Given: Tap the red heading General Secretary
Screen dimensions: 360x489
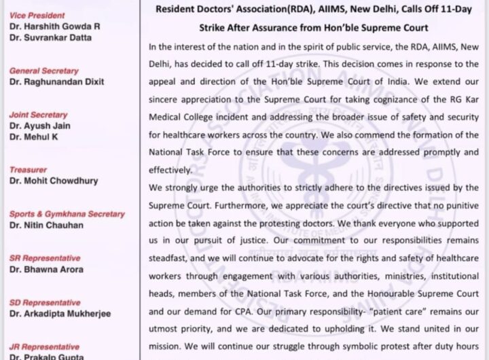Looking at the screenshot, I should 43,71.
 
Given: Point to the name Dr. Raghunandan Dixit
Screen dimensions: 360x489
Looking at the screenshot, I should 56,82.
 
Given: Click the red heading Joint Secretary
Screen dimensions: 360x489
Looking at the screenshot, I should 38,115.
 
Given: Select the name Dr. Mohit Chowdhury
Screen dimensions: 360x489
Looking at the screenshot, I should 54,181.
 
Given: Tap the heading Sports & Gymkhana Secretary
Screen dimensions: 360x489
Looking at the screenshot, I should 67,214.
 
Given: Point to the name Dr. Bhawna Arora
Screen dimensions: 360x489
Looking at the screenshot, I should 46,270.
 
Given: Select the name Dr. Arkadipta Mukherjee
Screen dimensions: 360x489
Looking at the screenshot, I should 60,314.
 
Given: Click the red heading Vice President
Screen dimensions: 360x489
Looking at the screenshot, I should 37,14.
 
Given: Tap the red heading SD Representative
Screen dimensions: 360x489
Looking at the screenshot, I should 45,302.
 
